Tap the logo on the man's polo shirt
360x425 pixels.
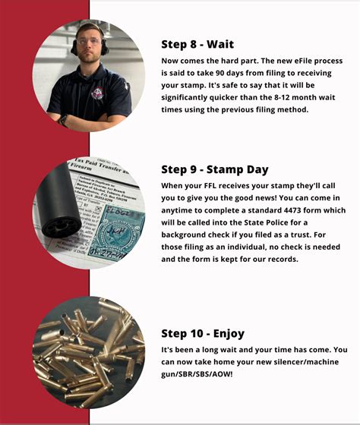click(x=96, y=93)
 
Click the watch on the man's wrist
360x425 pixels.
click(x=64, y=118)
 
